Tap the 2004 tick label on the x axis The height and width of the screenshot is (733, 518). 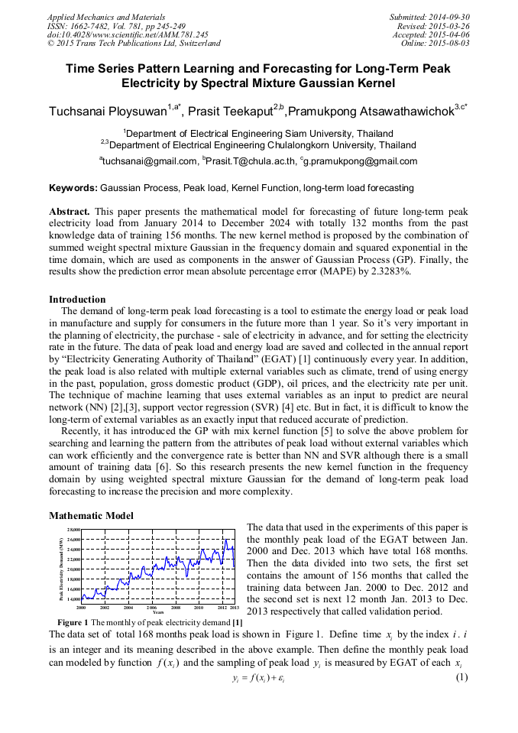click(128, 608)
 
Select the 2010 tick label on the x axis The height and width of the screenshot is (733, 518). click(198, 608)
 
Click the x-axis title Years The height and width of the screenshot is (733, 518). click(157, 612)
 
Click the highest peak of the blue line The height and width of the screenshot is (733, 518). click(226, 540)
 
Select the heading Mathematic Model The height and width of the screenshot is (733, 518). click(91, 516)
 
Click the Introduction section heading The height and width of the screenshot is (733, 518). click(77, 299)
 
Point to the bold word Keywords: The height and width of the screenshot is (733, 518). click(73, 187)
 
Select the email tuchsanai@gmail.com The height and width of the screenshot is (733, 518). click(150, 161)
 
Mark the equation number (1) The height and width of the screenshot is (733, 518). click(461, 678)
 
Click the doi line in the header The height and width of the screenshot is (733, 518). click(128, 34)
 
